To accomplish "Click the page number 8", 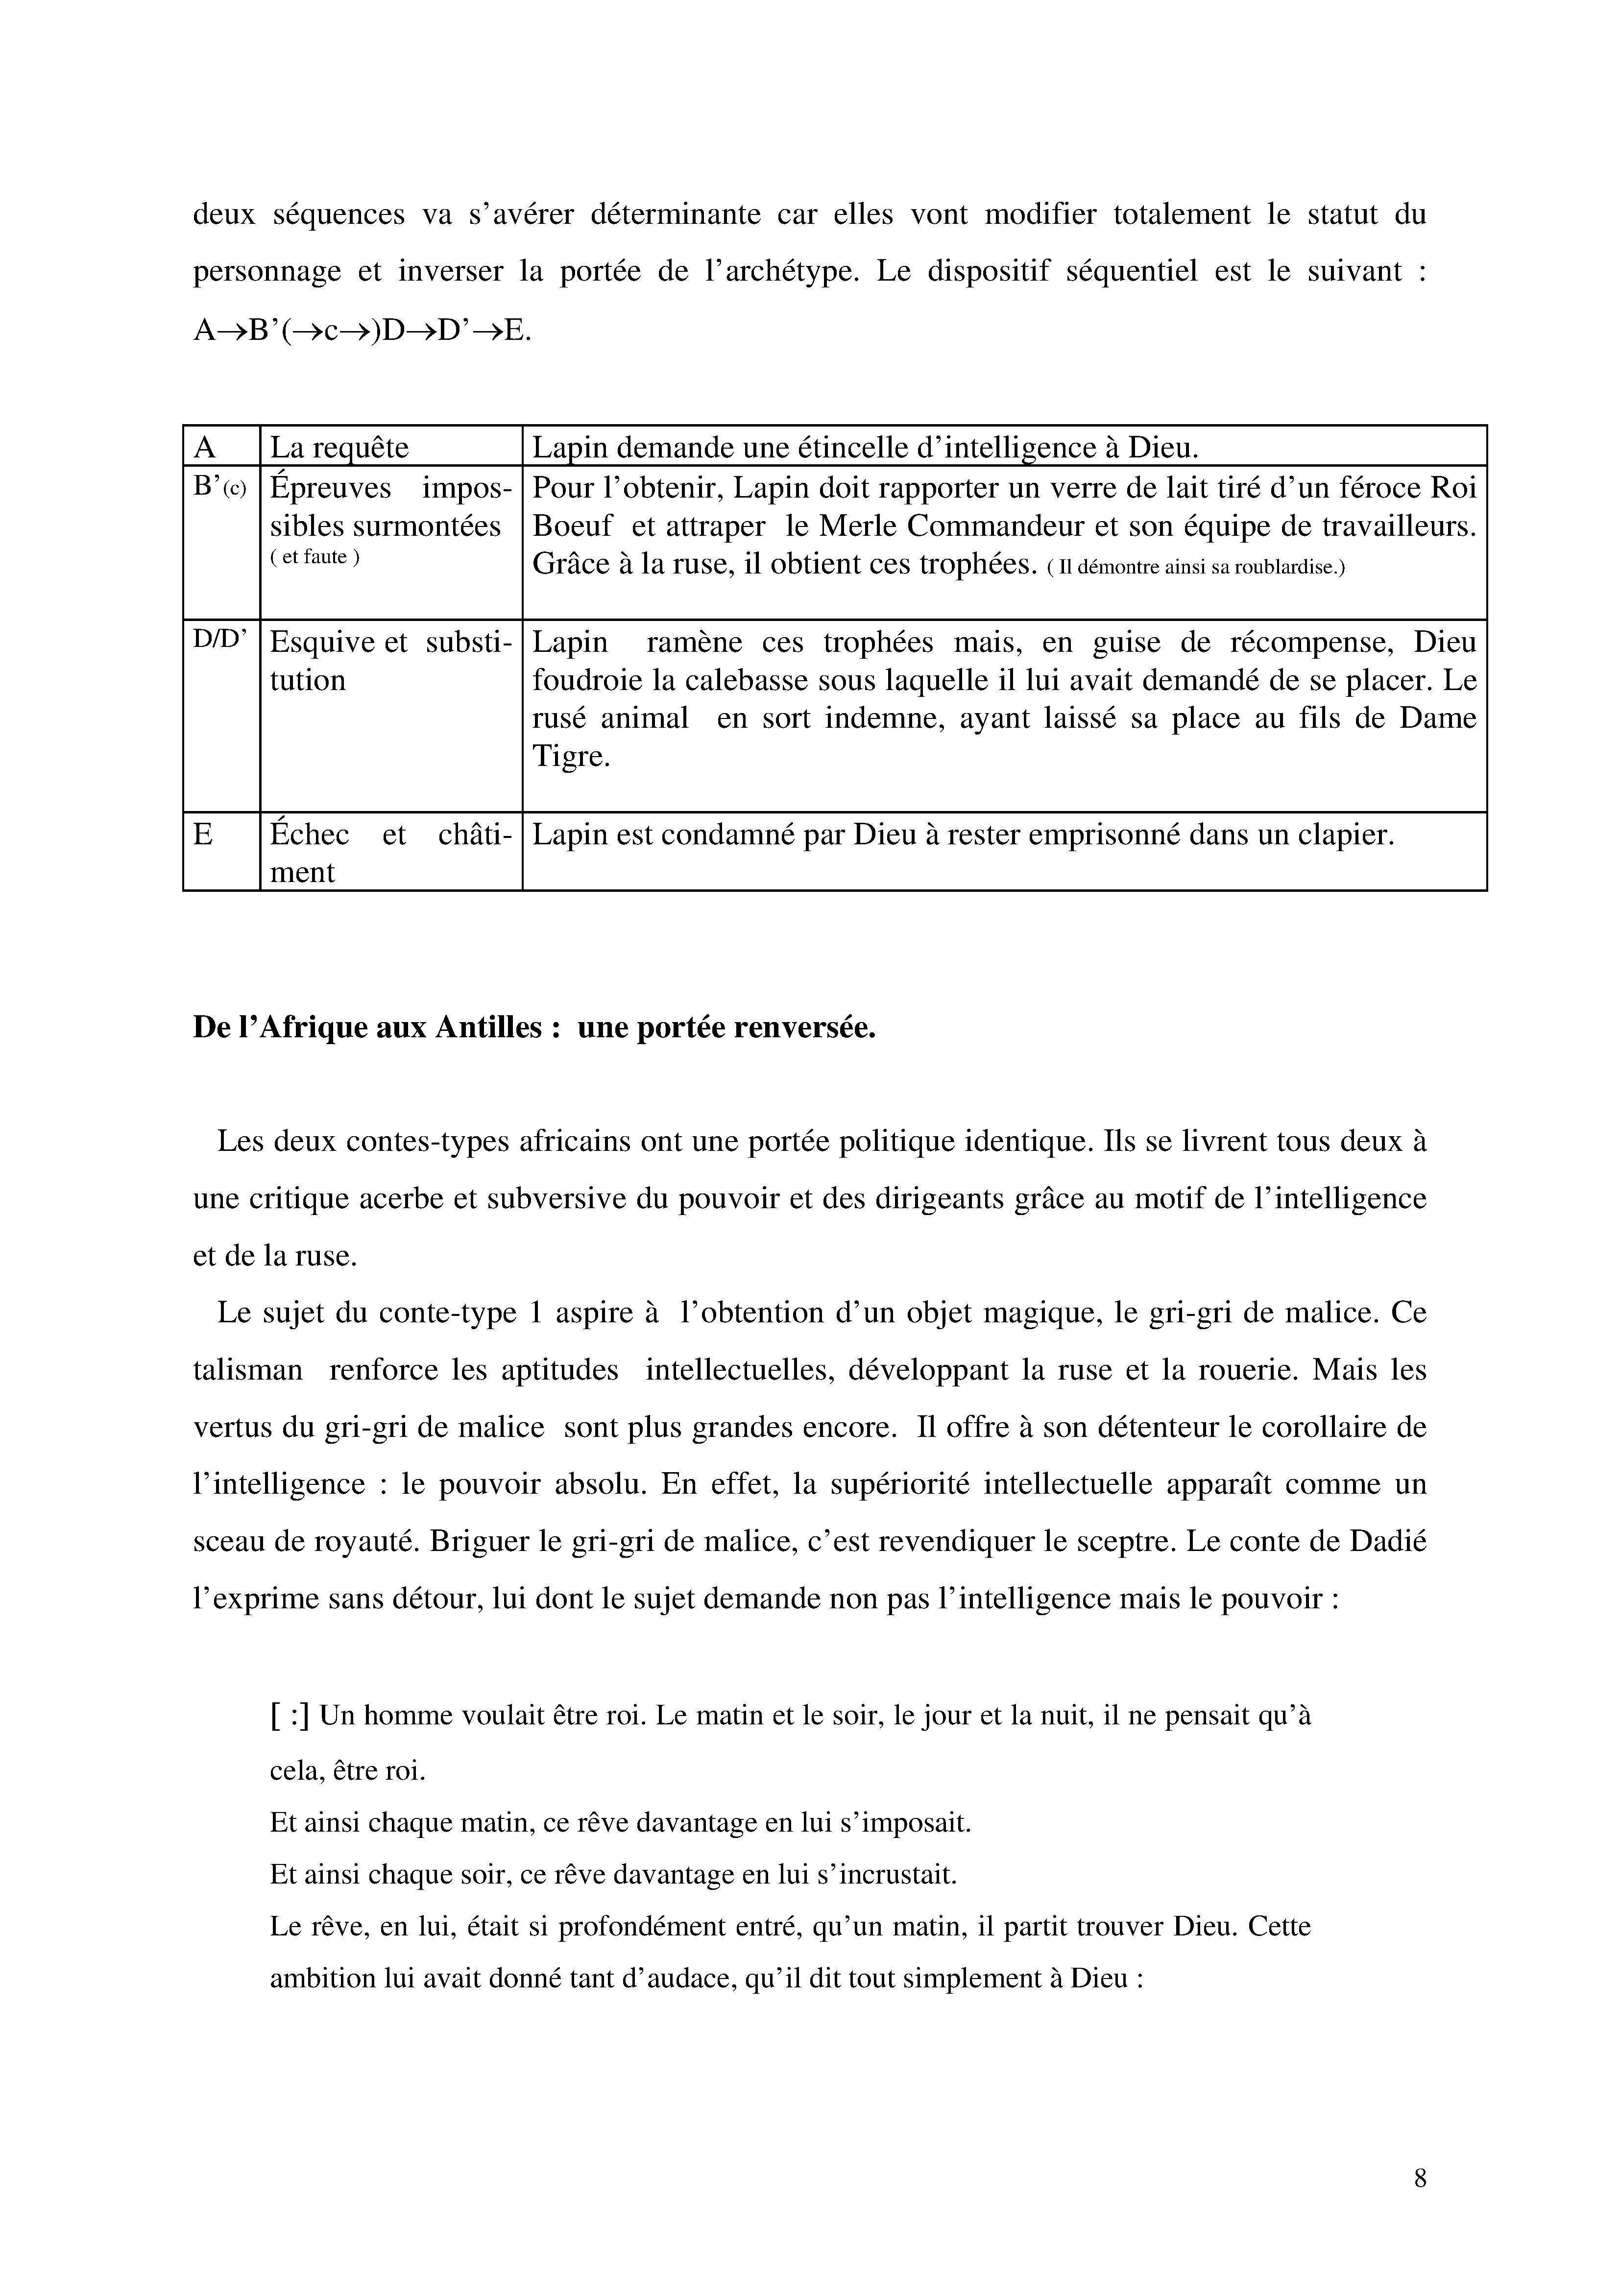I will [1419, 2178].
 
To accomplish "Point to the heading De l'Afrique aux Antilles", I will [534, 1028].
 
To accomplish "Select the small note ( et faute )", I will [314, 558].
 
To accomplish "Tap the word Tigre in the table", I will [570, 756].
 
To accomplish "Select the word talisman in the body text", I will [247, 1370].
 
